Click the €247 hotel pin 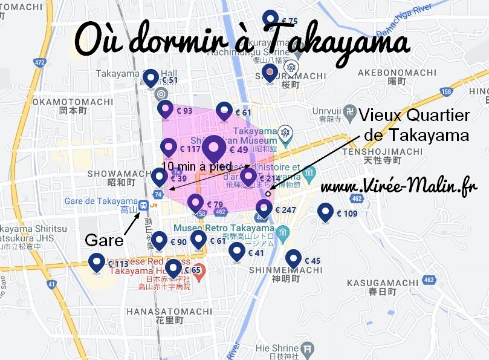pyautogui.click(x=264, y=209)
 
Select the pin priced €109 pyautogui.click(x=326, y=212)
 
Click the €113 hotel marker pyautogui.click(x=96, y=263)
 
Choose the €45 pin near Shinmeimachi pyautogui.click(x=294, y=259)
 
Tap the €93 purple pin pyautogui.click(x=165, y=110)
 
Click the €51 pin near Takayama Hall pyautogui.click(x=151, y=78)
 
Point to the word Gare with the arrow pyautogui.click(x=100, y=240)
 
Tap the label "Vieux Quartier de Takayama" pyautogui.click(x=413, y=125)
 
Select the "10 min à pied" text pyautogui.click(x=196, y=167)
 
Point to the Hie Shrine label pyautogui.click(x=277, y=348)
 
